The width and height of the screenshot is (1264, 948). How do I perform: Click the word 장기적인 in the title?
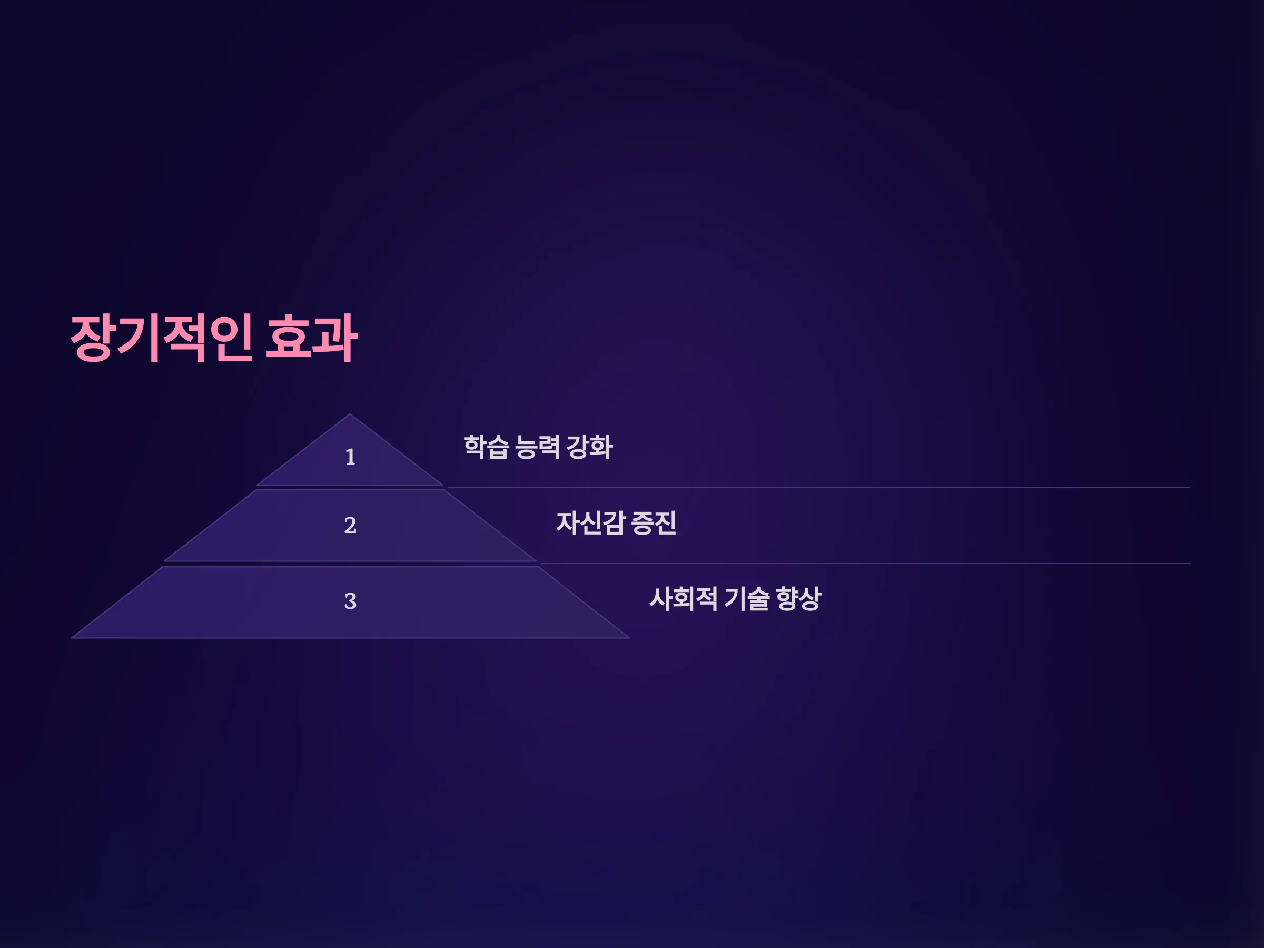coord(161,338)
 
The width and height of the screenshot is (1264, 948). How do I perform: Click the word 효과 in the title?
coord(312,338)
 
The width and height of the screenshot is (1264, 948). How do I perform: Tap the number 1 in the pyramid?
coord(350,457)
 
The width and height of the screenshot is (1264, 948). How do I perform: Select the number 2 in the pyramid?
coord(350,526)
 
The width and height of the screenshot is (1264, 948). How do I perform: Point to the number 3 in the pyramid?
coord(350,601)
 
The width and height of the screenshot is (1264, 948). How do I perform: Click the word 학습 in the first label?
coord(486,447)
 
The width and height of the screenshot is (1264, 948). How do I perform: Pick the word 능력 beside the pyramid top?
coord(537,447)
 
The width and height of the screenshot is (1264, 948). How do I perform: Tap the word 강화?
coord(589,447)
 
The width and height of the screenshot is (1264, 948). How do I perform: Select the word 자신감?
coord(590,523)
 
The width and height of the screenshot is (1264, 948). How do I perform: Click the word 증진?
coord(654,523)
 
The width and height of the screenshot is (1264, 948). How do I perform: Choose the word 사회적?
coord(684,599)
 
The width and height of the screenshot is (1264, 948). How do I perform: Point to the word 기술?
coord(747,599)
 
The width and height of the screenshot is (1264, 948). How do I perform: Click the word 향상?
coord(799,599)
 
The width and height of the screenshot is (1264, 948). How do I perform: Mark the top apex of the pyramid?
coord(350,414)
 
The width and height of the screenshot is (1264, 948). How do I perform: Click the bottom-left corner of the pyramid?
coord(72,638)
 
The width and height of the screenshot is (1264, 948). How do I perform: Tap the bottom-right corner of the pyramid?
coord(630,638)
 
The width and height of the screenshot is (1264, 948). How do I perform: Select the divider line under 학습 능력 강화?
coord(818,487)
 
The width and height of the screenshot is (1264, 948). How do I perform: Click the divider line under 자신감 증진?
coord(866,564)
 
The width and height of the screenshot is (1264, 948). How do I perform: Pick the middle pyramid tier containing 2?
coord(350,526)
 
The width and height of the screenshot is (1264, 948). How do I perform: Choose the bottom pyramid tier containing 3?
coord(350,603)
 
